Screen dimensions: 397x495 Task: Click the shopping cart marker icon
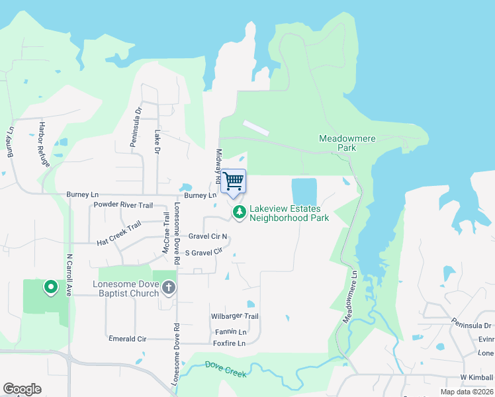[x=233, y=181]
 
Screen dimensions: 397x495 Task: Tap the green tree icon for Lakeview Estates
[x=239, y=212]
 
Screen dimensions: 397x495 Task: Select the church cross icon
[x=169, y=287]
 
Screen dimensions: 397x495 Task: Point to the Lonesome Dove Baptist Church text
[x=125, y=288]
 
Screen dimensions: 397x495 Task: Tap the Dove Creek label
[x=226, y=370]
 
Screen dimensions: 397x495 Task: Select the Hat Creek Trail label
[x=119, y=234]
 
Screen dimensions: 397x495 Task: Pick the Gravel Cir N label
[x=207, y=236]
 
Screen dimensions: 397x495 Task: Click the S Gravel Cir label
[x=202, y=252]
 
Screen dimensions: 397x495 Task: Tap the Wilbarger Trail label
[x=234, y=317]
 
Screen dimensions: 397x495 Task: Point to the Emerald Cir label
[x=127, y=339]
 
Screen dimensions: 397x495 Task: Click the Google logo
[x=22, y=389]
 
